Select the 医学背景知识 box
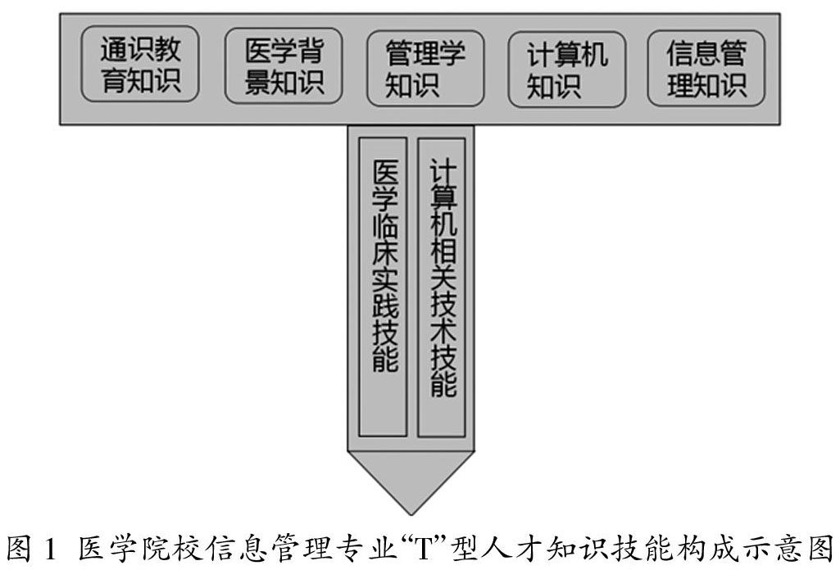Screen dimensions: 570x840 pyautogui.click(x=284, y=67)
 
